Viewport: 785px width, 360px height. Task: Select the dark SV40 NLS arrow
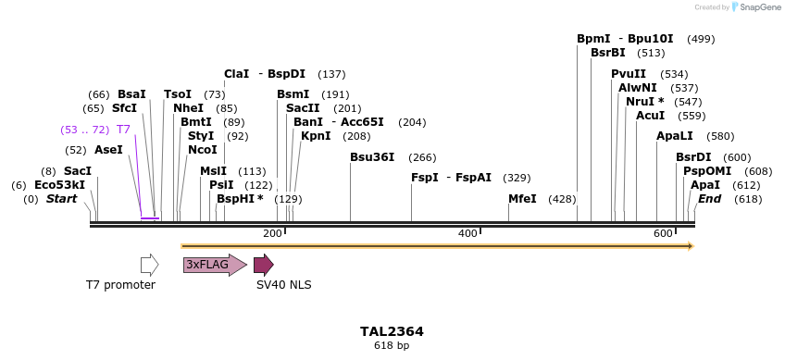tap(263, 265)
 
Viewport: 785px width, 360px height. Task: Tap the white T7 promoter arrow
tap(149, 265)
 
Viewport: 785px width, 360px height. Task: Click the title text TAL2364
tap(392, 331)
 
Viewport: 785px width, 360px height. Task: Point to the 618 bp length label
tap(392, 345)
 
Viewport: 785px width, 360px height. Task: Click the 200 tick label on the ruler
tap(272, 232)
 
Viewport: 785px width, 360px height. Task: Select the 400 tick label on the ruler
tap(467, 232)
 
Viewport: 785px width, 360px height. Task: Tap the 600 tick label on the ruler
tap(663, 232)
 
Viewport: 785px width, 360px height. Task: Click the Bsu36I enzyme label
tap(372, 157)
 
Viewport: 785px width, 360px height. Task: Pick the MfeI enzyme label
tap(522, 199)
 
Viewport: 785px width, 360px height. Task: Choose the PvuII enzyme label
tap(629, 74)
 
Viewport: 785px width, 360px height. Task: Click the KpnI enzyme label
tap(316, 136)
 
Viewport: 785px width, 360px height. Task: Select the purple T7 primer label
tap(123, 130)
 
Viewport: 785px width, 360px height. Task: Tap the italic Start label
tap(61, 199)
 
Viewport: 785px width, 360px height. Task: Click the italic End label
tap(710, 199)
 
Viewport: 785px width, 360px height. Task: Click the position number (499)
tap(701, 39)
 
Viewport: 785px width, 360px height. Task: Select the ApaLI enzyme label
tap(675, 136)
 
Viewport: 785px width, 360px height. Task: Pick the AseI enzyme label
tap(108, 150)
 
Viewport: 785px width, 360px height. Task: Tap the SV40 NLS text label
tap(283, 285)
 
